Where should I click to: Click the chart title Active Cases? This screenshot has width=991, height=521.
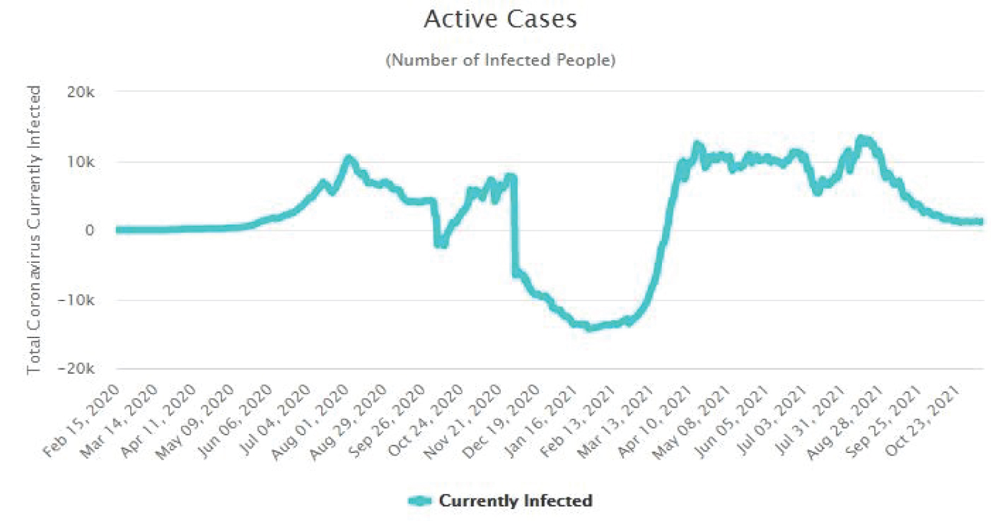pos(500,20)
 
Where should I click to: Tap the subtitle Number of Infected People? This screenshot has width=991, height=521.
pos(500,61)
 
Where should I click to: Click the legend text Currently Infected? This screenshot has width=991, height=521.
pos(515,501)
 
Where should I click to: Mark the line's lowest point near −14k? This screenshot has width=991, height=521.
pos(590,327)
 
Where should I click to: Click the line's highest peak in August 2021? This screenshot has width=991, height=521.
pos(861,139)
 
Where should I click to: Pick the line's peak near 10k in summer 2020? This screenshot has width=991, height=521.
pos(348,158)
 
